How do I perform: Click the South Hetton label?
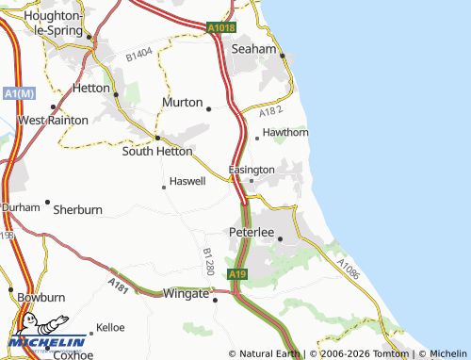[157, 151]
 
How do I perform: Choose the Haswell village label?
[187, 181]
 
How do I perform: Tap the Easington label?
[252, 170]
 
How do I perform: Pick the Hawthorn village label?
[285, 133]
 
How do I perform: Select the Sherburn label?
[77, 209]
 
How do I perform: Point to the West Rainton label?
[55, 121]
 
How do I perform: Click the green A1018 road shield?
[220, 29]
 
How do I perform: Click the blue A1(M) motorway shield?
[18, 94]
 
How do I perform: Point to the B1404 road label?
[138, 57]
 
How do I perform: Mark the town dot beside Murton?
[207, 107]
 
